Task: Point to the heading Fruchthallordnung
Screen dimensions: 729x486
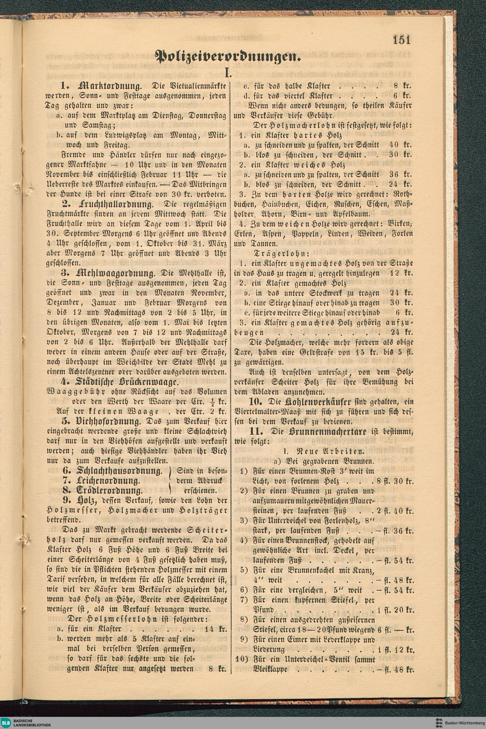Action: tap(116, 205)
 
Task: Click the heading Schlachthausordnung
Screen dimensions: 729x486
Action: tap(119, 471)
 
